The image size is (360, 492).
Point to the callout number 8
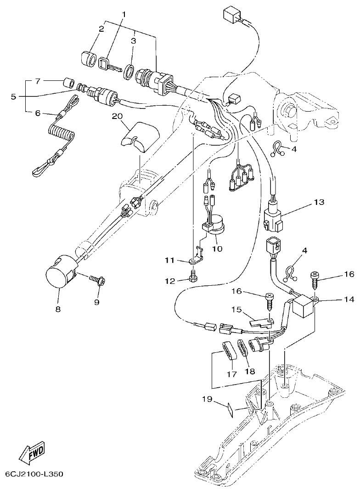58,309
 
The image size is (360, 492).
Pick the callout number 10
217,249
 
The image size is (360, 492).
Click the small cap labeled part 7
69,83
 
